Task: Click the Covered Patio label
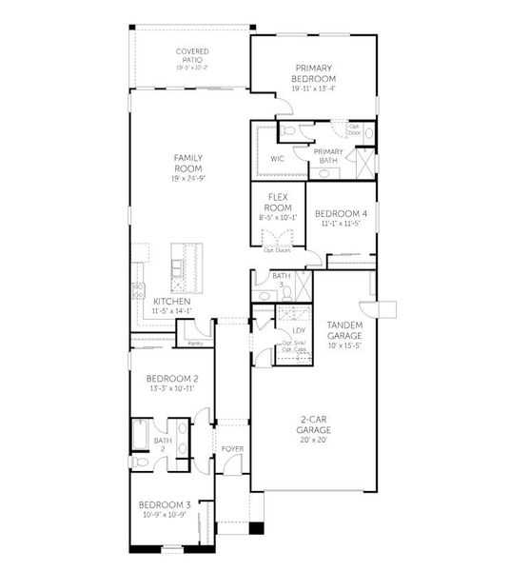click(192, 56)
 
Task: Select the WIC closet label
click(278, 158)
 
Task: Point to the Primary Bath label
click(328, 157)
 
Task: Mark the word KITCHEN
click(172, 301)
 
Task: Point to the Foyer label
click(232, 448)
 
